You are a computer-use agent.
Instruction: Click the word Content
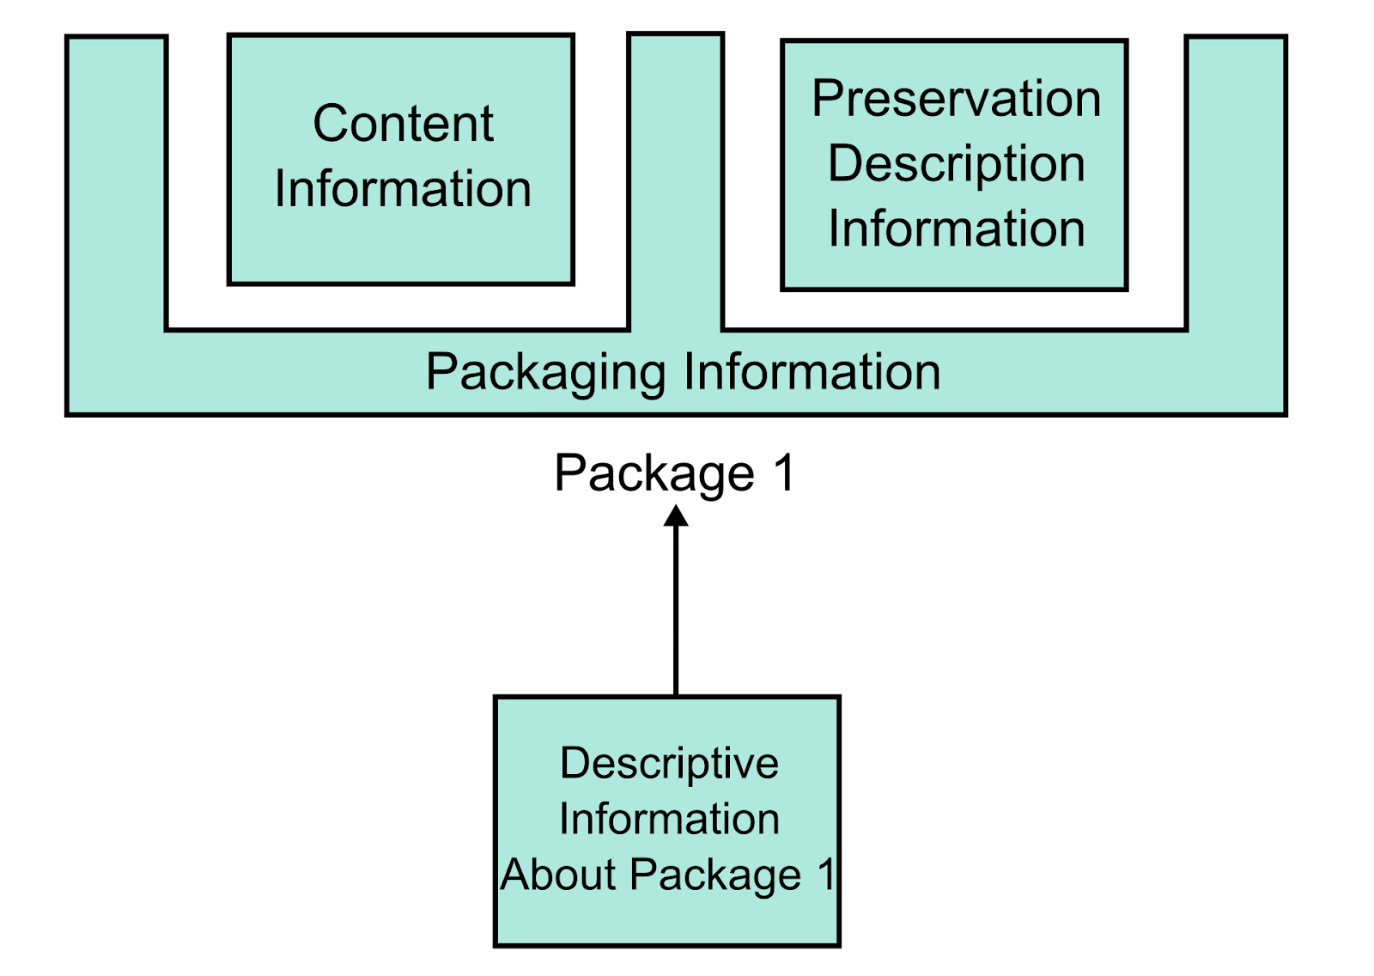pos(403,124)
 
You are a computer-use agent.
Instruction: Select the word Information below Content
pos(403,189)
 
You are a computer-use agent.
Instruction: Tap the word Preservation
pos(956,99)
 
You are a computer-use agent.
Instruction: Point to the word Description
pos(956,164)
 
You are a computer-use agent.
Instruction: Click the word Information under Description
pos(956,229)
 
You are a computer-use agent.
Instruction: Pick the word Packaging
pos(545,373)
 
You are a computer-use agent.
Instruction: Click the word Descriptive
pos(669,763)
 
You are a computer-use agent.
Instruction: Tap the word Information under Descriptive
pos(669,819)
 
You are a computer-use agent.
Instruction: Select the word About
pos(558,875)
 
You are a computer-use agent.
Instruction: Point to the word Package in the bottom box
pos(715,876)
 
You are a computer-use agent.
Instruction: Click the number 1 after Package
pos(826,875)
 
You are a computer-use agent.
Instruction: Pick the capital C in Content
pos(330,124)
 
